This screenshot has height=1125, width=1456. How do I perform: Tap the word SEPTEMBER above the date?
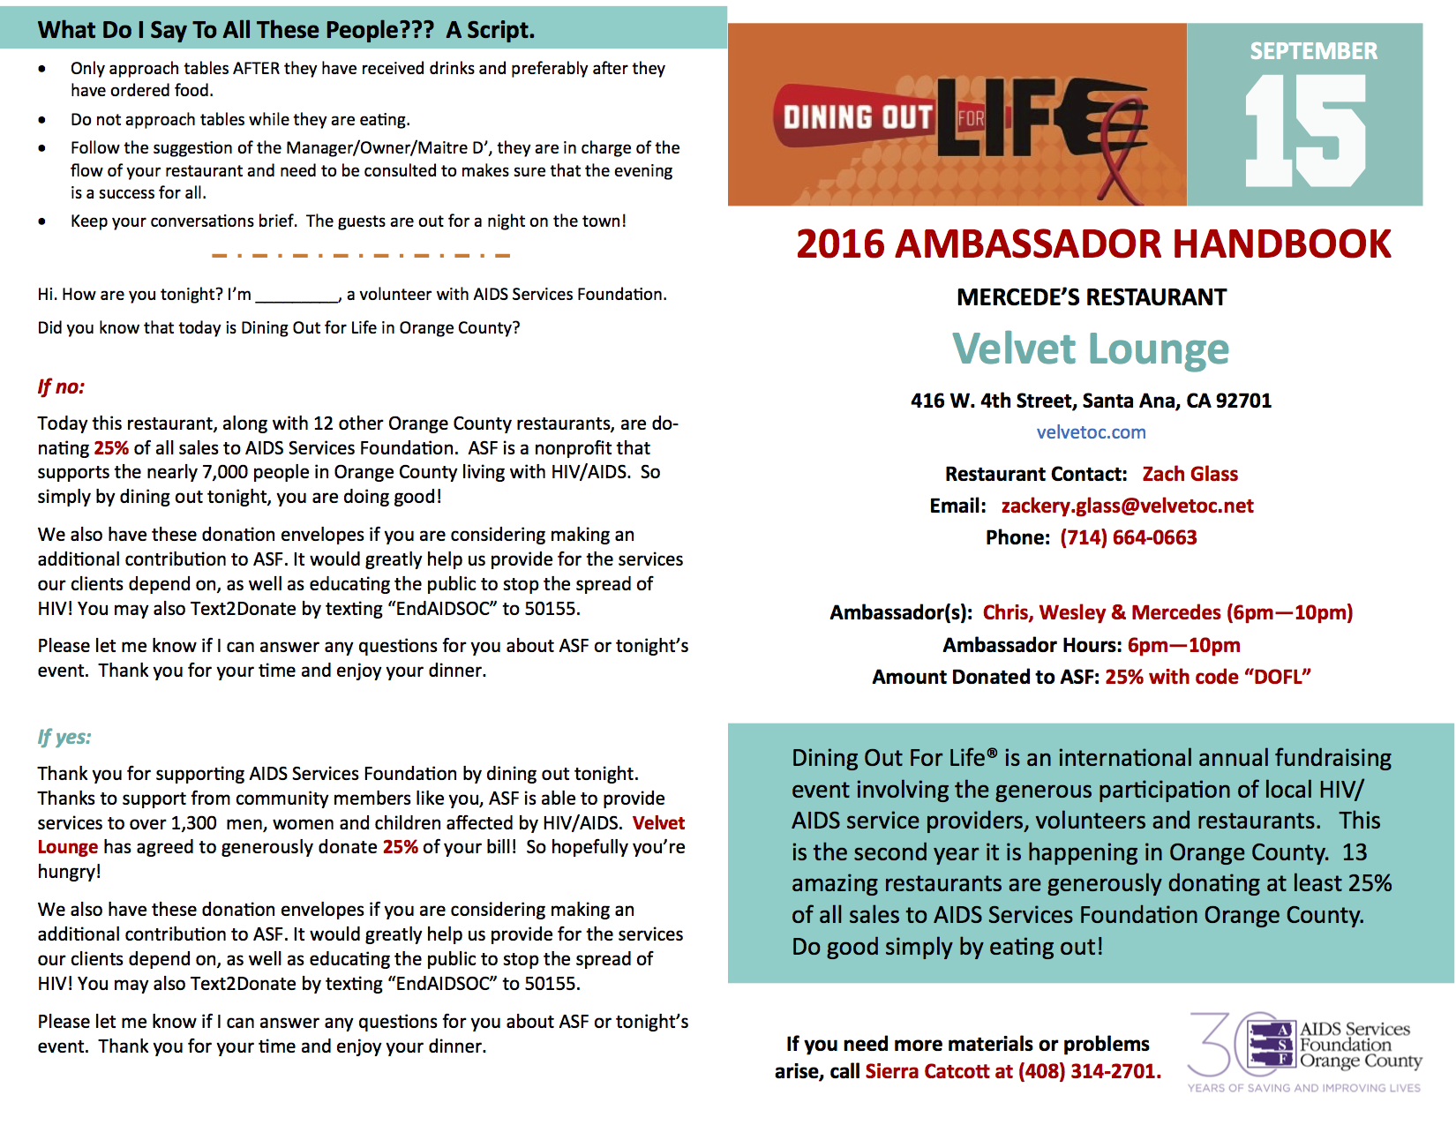[x=1313, y=51]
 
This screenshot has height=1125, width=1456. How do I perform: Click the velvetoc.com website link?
[x=1091, y=432]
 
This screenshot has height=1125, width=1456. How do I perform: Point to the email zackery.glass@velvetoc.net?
[x=1127, y=506]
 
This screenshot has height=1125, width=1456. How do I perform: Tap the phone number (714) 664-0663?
[x=1128, y=537]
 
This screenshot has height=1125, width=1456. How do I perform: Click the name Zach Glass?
[x=1190, y=474]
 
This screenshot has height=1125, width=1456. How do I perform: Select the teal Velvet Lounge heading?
[x=1091, y=349]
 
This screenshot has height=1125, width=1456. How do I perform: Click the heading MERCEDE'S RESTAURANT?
[x=1091, y=297]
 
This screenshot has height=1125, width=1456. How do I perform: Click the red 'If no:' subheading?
[x=61, y=386]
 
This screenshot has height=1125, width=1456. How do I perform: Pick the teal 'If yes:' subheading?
[x=64, y=737]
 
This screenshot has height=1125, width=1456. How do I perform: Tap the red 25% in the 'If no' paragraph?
[x=111, y=448]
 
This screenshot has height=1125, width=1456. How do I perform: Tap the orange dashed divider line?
[x=361, y=256]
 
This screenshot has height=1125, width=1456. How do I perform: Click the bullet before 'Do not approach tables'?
[x=42, y=120]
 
